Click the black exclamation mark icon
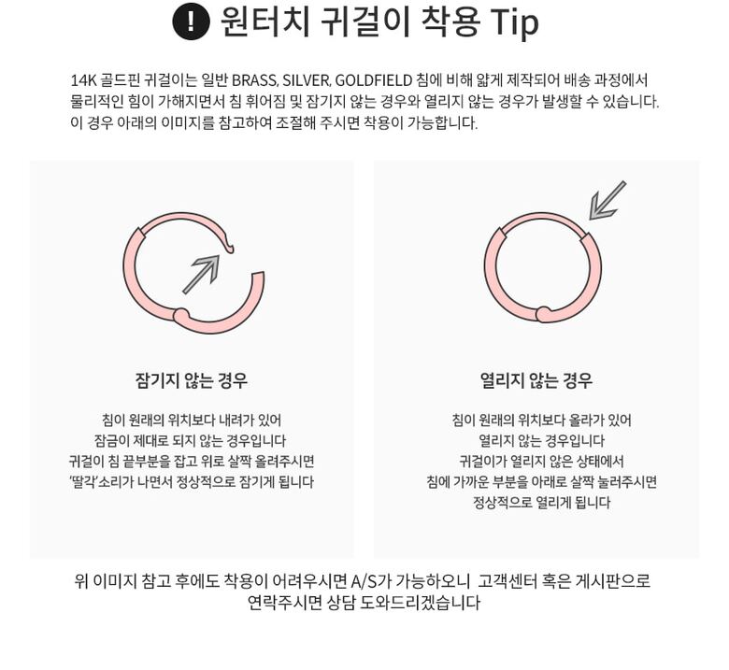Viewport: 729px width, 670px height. click(191, 21)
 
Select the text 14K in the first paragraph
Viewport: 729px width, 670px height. click(83, 80)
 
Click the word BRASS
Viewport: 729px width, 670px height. click(254, 80)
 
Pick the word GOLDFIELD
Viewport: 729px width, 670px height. click(373, 80)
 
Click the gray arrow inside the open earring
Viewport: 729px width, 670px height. click(201, 275)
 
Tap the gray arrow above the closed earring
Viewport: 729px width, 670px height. click(607, 200)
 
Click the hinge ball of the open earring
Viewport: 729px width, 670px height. click(182, 315)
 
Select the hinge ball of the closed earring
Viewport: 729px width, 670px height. click(543, 314)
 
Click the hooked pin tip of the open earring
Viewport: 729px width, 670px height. click(229, 248)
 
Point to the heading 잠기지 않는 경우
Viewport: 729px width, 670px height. click(192, 380)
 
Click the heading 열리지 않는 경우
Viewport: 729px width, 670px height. click(536, 380)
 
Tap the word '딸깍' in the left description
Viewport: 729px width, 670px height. click(83, 481)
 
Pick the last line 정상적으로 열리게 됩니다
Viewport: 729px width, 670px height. click(542, 502)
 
